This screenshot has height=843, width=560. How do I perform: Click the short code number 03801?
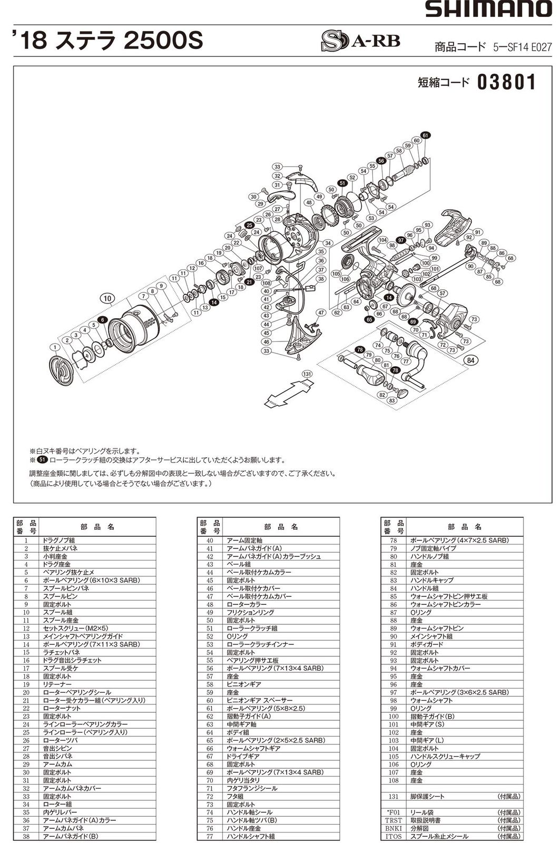506,83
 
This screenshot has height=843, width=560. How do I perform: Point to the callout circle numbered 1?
54,347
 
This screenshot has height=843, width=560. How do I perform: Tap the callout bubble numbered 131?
307,374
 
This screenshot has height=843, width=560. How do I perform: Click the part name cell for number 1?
97,540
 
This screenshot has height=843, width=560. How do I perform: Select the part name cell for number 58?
282,684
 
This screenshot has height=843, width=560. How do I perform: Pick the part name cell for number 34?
97,804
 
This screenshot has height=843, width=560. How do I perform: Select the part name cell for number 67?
282,756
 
